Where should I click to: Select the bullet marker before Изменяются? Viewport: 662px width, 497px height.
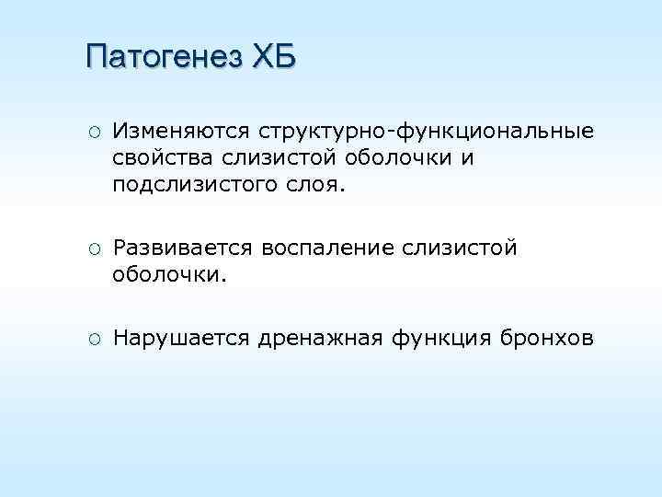pyautogui.click(x=94, y=133)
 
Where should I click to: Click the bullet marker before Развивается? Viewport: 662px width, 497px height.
pyautogui.click(x=94, y=248)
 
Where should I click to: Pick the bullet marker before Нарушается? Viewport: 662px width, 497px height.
pyautogui.click(x=94, y=339)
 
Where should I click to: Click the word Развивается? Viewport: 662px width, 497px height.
pyautogui.click(x=183, y=248)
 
